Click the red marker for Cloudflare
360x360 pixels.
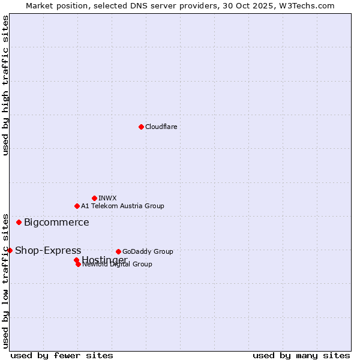(x=141, y=127)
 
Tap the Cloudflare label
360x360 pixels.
(x=161, y=127)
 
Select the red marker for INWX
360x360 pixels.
(x=94, y=198)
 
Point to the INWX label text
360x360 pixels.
(x=107, y=198)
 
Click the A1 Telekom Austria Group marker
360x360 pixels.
(x=77, y=206)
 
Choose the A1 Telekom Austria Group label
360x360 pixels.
(x=122, y=206)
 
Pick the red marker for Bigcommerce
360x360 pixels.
(x=19, y=222)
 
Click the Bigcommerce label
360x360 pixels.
(x=56, y=223)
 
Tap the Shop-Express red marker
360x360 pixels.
(x=10, y=250)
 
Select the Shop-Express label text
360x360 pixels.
(x=48, y=251)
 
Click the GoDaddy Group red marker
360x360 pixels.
(x=118, y=251)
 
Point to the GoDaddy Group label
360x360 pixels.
(x=148, y=251)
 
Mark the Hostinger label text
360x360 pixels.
(x=104, y=260)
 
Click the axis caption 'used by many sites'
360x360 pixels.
(x=301, y=355)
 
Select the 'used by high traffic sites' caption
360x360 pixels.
(x=5, y=85)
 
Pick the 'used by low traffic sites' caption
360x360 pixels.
(x=5, y=280)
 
